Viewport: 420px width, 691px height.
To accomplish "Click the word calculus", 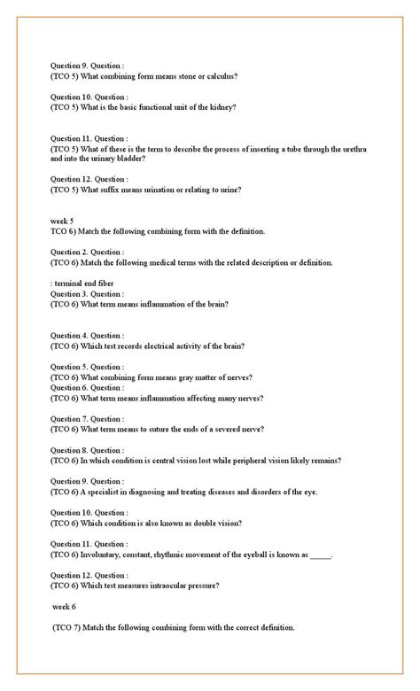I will tap(222, 76).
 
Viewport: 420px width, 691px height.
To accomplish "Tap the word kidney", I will tap(222, 107).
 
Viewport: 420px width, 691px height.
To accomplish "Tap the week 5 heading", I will tap(62, 221).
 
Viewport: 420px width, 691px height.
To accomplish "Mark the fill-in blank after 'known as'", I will tap(321, 556).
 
